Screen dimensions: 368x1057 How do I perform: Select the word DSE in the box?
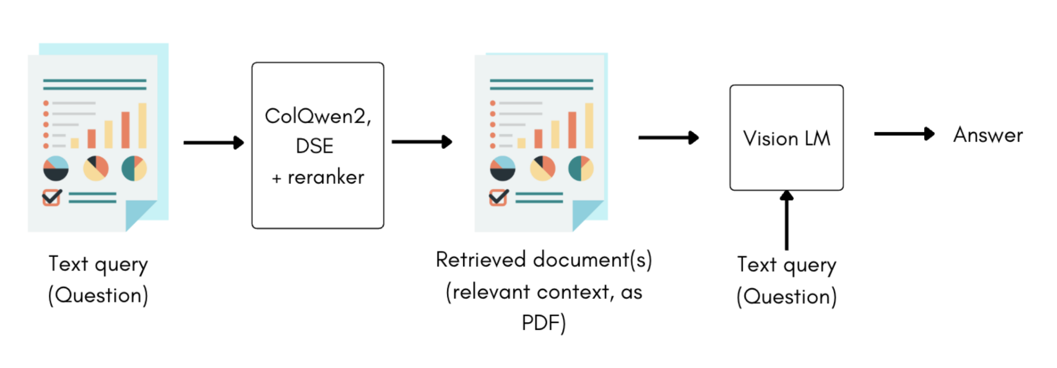coord(314,146)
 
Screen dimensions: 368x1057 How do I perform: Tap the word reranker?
coord(326,178)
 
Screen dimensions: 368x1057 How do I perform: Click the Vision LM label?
coord(787,139)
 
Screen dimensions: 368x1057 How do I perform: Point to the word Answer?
coord(988,135)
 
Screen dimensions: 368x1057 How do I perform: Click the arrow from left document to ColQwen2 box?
coord(213,143)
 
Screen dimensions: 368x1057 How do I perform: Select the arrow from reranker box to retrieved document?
coord(421,142)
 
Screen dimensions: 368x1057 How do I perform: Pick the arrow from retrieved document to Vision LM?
coord(668,137)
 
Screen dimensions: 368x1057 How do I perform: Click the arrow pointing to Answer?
coord(904,134)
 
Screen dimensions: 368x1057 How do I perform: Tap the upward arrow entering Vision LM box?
coord(787,220)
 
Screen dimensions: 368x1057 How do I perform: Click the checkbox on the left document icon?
coord(52,197)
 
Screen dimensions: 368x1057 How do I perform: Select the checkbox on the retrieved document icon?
coord(499,197)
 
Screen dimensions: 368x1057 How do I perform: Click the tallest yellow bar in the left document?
coord(142,126)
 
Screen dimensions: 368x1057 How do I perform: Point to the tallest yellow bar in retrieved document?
coord(589,126)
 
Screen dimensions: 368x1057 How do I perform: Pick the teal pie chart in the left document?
coord(134,168)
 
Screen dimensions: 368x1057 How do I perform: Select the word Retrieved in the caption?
coord(480,260)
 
